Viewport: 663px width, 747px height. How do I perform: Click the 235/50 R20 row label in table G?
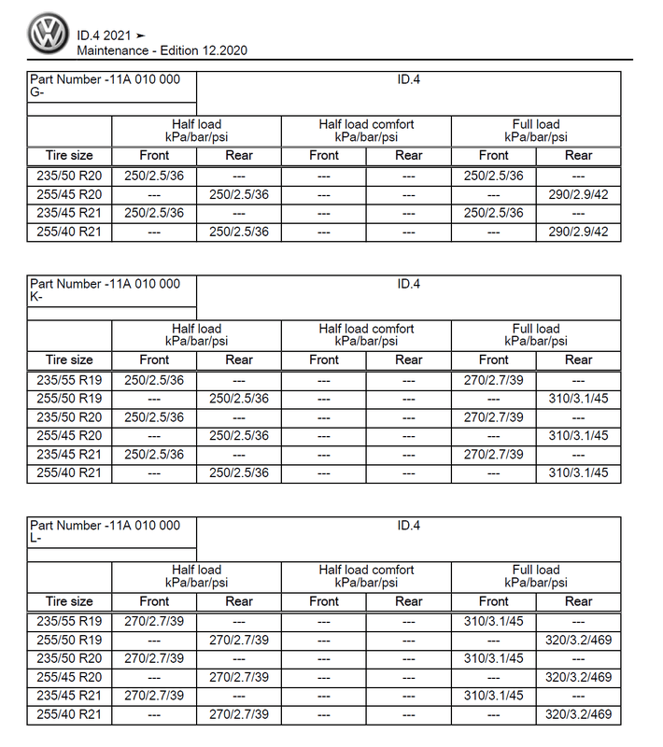tap(69, 176)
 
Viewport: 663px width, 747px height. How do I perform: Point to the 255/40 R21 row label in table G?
tap(69, 232)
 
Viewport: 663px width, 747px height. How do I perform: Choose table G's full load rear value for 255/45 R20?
tap(578, 194)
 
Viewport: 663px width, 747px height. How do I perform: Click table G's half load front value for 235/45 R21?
tap(154, 213)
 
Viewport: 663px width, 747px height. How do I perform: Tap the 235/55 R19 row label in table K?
tap(69, 380)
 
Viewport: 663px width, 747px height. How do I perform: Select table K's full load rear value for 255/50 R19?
tap(578, 399)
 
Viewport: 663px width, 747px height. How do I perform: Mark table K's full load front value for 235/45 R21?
tap(493, 455)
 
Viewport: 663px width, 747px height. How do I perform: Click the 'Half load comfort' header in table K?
tap(366, 334)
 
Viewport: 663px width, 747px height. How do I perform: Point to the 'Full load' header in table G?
tap(536, 130)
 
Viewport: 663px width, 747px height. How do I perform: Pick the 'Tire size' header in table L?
tap(69, 601)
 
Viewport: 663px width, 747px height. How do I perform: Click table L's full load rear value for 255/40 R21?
tap(578, 714)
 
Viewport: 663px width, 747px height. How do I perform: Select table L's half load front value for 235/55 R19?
tap(154, 621)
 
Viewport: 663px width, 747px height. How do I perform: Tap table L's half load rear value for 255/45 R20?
tap(239, 677)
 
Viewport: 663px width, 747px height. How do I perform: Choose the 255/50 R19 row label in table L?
tap(69, 640)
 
